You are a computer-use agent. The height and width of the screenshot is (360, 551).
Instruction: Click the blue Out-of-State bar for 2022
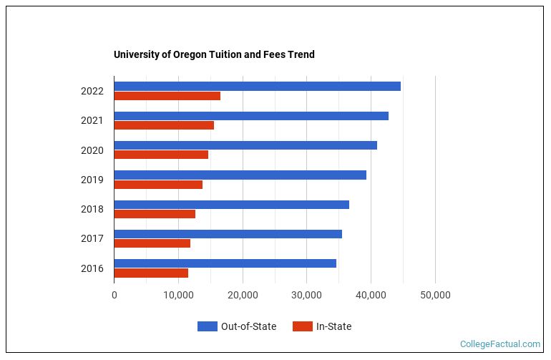(x=257, y=87)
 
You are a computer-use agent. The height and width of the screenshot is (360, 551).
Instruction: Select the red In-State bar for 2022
(x=167, y=96)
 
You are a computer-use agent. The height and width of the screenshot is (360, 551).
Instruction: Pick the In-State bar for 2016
(x=151, y=273)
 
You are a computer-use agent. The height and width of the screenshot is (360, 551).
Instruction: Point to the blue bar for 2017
(x=228, y=234)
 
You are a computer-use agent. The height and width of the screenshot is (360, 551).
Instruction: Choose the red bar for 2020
(x=161, y=155)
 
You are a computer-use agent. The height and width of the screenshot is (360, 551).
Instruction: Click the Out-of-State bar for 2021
(x=251, y=116)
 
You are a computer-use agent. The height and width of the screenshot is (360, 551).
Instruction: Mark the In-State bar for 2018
(x=155, y=214)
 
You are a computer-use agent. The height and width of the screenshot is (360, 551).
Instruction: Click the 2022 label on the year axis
(x=92, y=91)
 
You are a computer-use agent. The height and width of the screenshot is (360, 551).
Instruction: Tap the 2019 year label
(x=92, y=180)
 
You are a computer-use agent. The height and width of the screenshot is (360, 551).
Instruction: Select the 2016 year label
(x=92, y=268)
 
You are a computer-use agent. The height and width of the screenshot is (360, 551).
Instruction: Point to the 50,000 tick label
(x=435, y=295)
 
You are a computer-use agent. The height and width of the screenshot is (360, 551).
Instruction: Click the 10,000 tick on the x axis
(x=178, y=295)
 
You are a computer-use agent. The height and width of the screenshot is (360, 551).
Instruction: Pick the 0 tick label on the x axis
(x=114, y=295)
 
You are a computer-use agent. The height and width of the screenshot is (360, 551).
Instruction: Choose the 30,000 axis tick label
(x=307, y=295)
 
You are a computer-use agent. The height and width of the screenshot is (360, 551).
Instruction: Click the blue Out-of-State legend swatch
(x=207, y=326)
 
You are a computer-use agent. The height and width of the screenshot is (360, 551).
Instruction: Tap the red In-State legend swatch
(x=302, y=326)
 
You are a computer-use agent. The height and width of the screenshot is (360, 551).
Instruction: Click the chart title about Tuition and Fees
(x=214, y=54)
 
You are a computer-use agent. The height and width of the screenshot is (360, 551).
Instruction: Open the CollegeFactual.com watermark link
(x=499, y=344)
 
